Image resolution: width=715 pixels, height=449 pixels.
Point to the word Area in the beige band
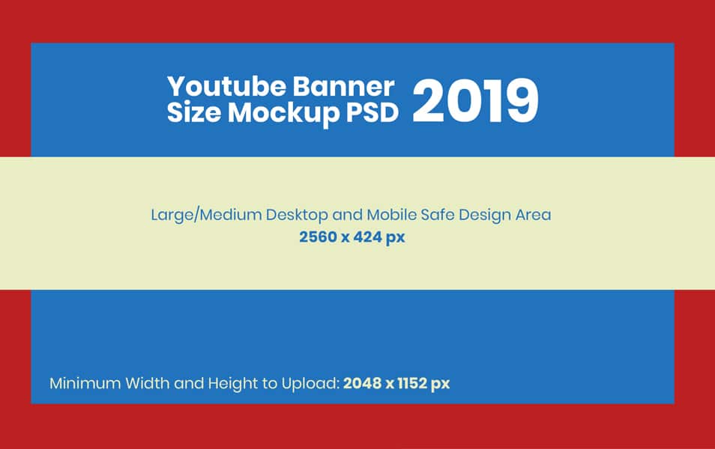pos(533,215)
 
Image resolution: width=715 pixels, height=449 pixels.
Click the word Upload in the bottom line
pos(307,384)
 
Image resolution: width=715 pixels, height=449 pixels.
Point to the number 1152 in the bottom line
pos(413,384)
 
